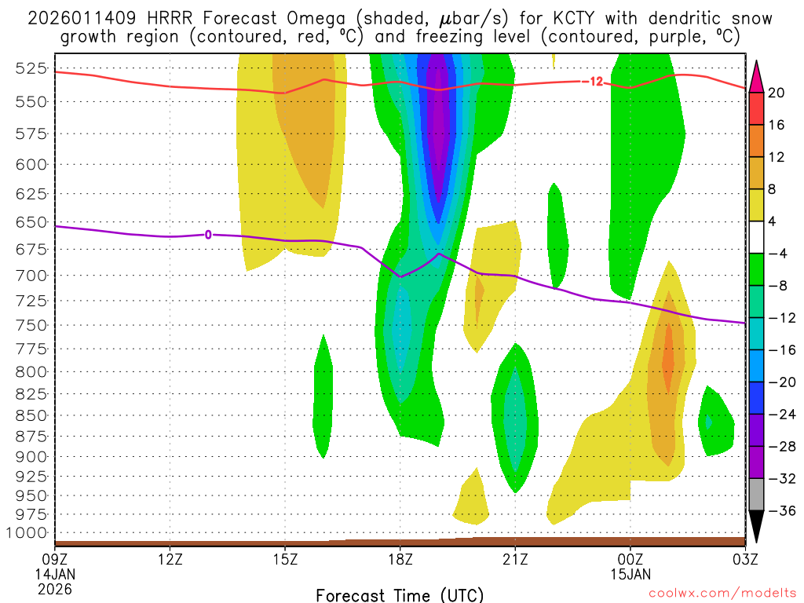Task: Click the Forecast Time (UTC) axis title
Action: [400, 594]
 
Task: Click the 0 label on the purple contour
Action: [208, 234]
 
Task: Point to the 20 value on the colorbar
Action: [777, 93]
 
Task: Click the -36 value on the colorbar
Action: [777, 511]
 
